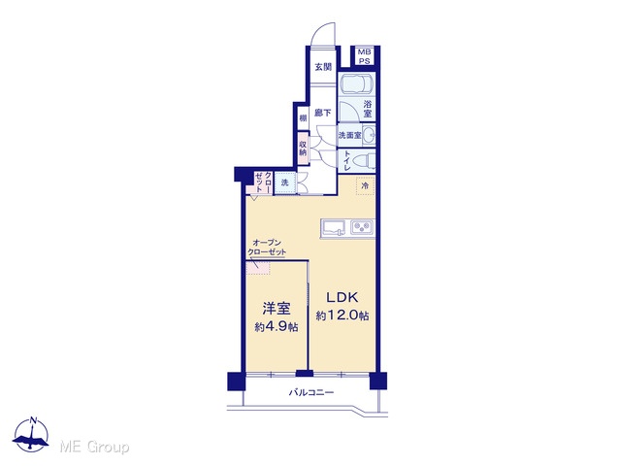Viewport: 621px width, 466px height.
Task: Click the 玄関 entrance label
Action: pyautogui.click(x=323, y=67)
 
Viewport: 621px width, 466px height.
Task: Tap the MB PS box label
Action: pyautogui.click(x=364, y=56)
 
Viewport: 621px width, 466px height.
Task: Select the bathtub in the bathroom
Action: pyautogui.click(x=357, y=83)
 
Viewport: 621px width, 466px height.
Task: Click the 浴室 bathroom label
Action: pyautogui.click(x=368, y=109)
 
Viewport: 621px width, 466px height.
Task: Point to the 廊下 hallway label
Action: pyautogui.click(x=323, y=113)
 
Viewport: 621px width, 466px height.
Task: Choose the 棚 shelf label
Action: pyautogui.click(x=303, y=117)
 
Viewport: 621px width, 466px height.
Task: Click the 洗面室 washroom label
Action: pyautogui.click(x=349, y=135)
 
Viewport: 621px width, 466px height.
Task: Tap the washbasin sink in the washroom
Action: pyautogui.click(x=369, y=135)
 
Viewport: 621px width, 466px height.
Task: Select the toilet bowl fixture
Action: pyautogui.click(x=364, y=161)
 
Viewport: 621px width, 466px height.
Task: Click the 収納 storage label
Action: pyautogui.click(x=303, y=148)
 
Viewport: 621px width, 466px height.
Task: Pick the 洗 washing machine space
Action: pyautogui.click(x=284, y=183)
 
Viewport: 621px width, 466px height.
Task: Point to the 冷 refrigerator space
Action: pyautogui.click(x=365, y=185)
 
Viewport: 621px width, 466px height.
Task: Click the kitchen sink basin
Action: pyautogui.click(x=335, y=228)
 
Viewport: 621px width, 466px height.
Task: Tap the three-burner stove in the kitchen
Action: pyautogui.click(x=362, y=227)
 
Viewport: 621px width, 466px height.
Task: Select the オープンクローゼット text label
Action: pyautogui.click(x=267, y=248)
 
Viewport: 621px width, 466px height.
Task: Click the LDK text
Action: pyautogui.click(x=343, y=297)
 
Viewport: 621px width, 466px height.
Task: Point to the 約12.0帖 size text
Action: pyautogui.click(x=343, y=316)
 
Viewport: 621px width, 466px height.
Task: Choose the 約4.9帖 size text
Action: pyautogui.click(x=277, y=327)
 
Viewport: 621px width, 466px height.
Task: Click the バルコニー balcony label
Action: pyautogui.click(x=311, y=392)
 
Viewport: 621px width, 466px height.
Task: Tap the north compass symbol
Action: pyautogui.click(x=31, y=434)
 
